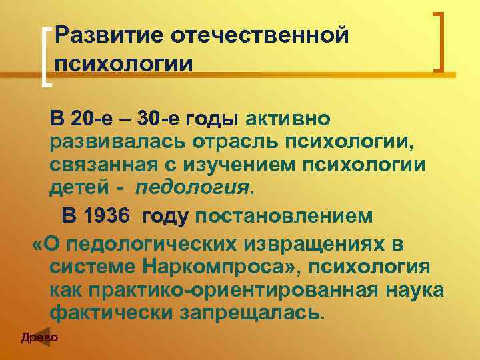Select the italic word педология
pyautogui.click(x=194, y=188)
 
